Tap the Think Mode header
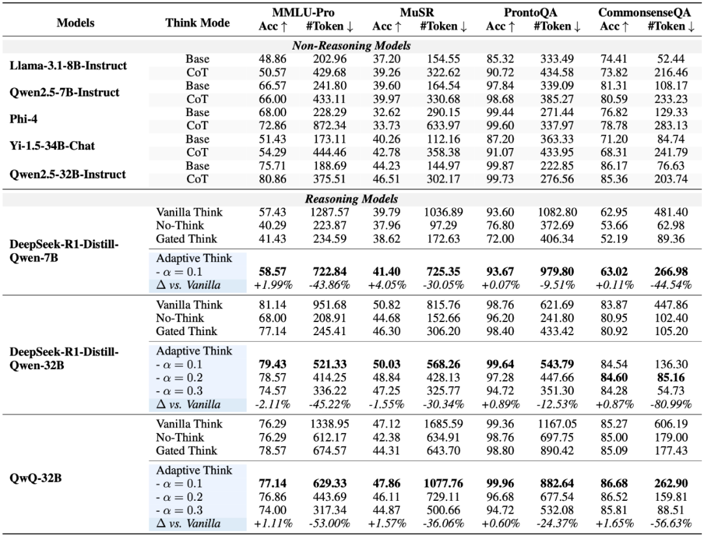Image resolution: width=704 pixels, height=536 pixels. click(x=198, y=22)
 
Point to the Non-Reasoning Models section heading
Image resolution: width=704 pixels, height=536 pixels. click(x=351, y=46)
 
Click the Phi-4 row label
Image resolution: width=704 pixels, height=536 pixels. click(x=26, y=119)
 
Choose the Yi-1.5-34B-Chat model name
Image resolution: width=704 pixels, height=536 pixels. click(x=51, y=146)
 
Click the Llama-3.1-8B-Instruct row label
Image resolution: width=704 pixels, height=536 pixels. click(x=68, y=66)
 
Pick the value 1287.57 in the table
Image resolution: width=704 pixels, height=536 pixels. click(x=326, y=213)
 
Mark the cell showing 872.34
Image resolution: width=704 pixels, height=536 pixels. click(x=326, y=126)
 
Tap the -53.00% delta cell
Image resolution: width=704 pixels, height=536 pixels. click(x=326, y=524)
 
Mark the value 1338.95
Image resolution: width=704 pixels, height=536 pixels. click(x=326, y=424)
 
